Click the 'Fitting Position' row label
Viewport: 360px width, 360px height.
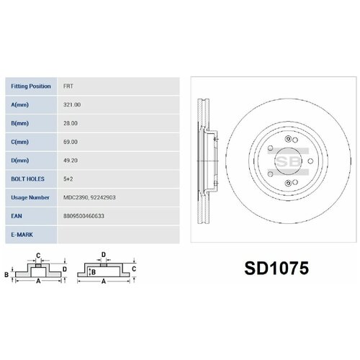[x=30, y=86]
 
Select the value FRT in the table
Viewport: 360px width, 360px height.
[x=68, y=86]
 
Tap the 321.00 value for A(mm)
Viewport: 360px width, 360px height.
[x=71, y=104]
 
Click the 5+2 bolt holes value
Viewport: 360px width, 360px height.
[x=68, y=178]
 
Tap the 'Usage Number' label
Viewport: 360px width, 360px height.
[x=30, y=196]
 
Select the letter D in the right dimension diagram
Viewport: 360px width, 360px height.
[x=104, y=255]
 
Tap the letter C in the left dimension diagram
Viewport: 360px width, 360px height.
[x=39, y=256]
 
